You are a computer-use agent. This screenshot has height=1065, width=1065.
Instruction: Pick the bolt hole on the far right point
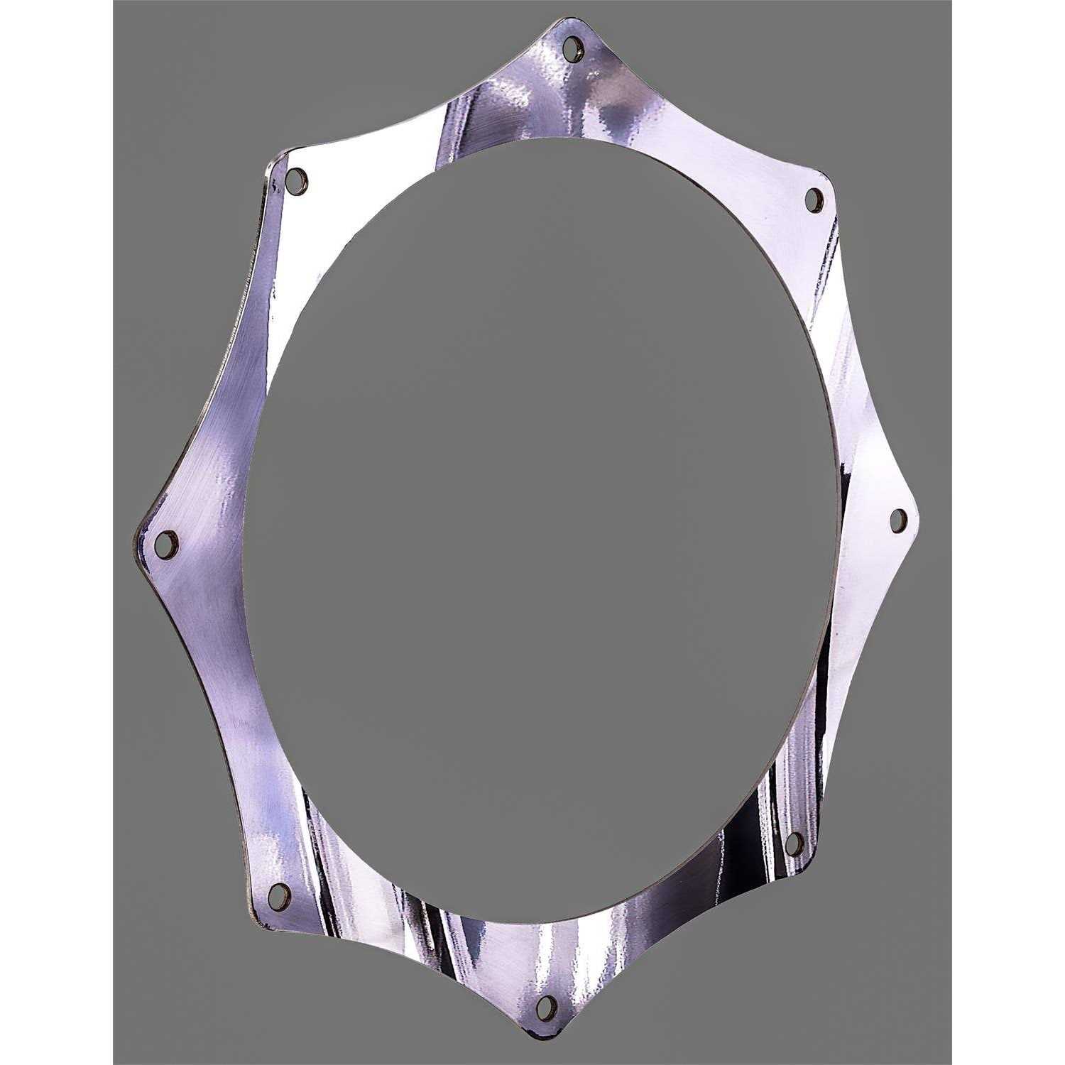[x=897, y=520]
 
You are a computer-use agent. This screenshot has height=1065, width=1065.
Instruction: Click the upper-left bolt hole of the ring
[x=297, y=180]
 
